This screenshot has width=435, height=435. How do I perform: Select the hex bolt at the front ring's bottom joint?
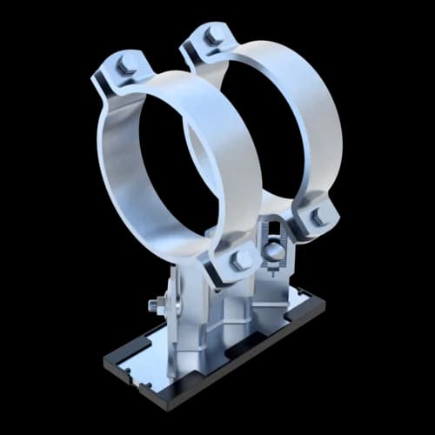tap(241, 260)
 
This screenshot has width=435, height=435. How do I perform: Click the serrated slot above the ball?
tap(273, 231)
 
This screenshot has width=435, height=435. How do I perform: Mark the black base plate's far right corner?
tap(327, 300)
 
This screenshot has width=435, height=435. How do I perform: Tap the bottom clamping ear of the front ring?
tap(231, 265)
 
